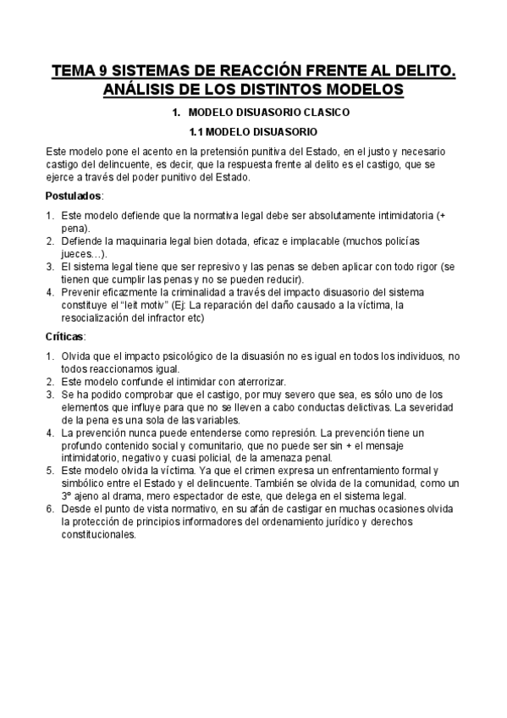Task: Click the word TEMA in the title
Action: pos(74,73)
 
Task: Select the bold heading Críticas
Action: pos(65,336)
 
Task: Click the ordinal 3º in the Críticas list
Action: pos(68,496)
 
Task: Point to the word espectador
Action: pos(186,496)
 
